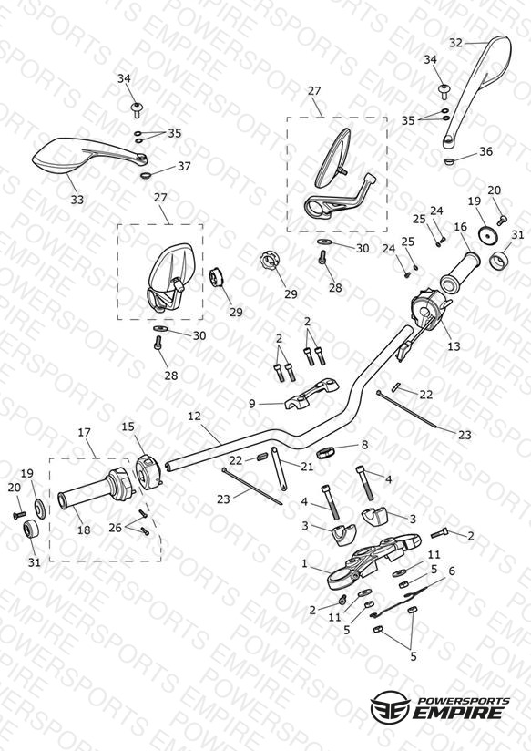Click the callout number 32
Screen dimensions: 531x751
point(455,43)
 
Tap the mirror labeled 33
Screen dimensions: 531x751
point(87,157)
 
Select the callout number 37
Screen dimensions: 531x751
point(184,166)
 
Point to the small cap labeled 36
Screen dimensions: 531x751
point(449,161)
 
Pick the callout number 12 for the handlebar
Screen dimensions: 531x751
point(194,416)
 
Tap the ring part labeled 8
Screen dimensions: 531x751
point(325,452)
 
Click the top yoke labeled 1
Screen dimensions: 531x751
point(373,559)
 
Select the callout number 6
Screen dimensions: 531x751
point(452,571)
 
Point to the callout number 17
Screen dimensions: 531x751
point(85,433)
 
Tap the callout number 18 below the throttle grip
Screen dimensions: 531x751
point(84,530)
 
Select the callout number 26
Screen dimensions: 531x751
point(116,528)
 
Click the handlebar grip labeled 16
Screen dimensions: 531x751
point(460,272)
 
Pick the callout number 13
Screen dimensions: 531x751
point(454,345)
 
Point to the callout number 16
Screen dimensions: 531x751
point(461,227)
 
